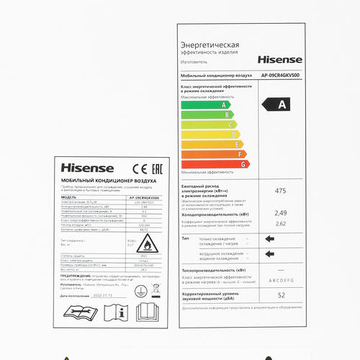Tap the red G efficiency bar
(x=215, y=163)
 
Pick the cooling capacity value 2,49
(x=281, y=212)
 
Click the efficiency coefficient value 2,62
(x=281, y=224)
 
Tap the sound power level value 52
(x=281, y=295)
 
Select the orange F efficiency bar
(x=212, y=153)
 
